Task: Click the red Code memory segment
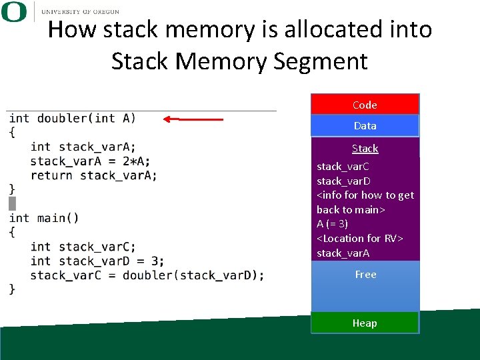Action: (365, 105)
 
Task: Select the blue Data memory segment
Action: (365, 125)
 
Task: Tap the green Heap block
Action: (365, 323)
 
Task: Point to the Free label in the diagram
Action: (365, 274)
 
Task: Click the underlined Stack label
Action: (365, 149)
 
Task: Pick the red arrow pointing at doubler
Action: (193, 119)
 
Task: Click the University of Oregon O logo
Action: (15, 12)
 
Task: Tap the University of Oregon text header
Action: (80, 11)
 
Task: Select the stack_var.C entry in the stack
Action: (343, 166)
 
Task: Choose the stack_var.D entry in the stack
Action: (344, 181)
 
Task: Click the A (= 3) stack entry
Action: (332, 224)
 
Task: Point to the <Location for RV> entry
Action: (360, 238)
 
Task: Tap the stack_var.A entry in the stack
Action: (343, 253)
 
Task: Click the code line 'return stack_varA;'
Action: (93, 175)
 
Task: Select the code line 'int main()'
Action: (44, 218)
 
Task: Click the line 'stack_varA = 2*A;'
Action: (90, 161)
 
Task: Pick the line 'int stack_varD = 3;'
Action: (97, 261)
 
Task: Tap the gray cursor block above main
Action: (12, 203)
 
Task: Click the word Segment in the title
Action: (321, 61)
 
